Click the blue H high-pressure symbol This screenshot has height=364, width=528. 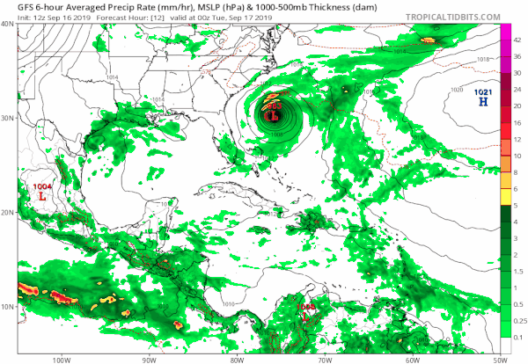[482, 103]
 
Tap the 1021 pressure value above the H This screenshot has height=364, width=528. [483, 92]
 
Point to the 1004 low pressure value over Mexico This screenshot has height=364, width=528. [42, 187]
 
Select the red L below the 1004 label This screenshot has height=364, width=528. [41, 198]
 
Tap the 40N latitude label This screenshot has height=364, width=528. [8, 24]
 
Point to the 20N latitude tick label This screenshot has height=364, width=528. [8, 212]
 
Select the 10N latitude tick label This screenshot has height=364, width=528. [8, 306]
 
